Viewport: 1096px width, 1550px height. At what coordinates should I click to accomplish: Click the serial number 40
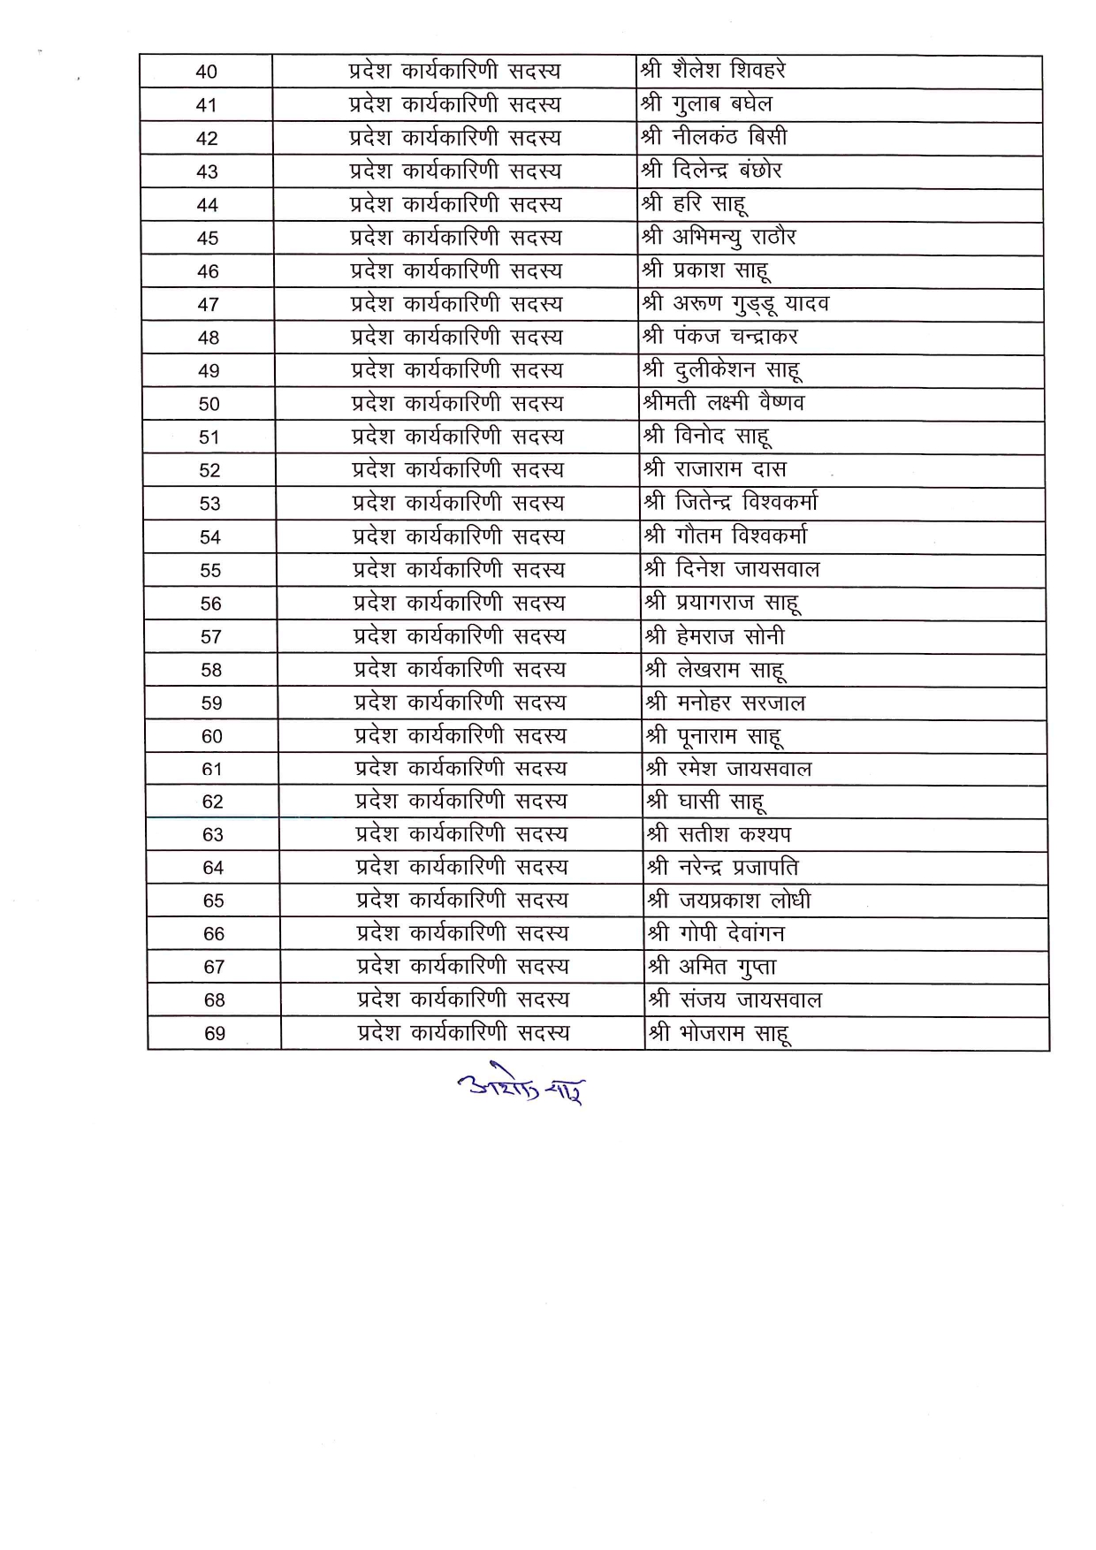(206, 72)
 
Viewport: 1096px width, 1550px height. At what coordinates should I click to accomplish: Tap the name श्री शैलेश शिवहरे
(713, 71)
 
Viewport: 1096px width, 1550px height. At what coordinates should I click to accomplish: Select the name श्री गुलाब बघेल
(706, 104)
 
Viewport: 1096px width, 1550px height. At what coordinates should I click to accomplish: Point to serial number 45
(208, 239)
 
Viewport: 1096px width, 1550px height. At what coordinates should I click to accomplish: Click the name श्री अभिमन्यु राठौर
(719, 237)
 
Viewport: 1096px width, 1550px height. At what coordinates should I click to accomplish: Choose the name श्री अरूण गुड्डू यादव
(735, 304)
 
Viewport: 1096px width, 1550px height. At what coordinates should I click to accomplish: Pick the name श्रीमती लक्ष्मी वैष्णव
(724, 403)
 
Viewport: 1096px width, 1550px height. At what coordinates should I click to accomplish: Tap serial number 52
(209, 471)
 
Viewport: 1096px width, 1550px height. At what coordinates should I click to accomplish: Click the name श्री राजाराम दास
(715, 469)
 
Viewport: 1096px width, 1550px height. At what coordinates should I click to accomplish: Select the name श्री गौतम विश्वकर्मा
(726, 536)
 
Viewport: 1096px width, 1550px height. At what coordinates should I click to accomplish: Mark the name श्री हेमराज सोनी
(715, 636)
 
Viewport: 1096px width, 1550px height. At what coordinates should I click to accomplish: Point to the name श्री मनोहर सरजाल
(726, 703)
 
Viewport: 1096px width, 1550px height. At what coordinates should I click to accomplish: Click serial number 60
(212, 737)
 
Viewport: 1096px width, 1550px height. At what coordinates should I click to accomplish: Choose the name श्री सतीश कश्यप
(719, 834)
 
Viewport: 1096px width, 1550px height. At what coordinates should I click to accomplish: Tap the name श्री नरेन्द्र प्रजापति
(723, 867)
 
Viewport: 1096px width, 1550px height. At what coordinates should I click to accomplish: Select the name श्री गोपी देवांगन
(716, 933)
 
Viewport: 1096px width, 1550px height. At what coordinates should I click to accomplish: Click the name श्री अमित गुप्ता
(712, 967)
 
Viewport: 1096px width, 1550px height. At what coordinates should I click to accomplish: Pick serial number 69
(215, 1034)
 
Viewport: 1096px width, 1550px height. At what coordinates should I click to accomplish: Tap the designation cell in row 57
(460, 636)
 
